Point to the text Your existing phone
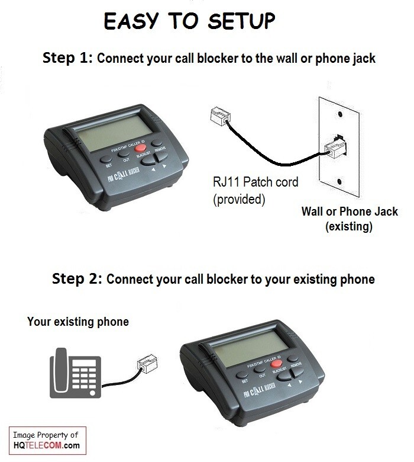77,322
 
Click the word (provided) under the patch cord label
237,200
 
